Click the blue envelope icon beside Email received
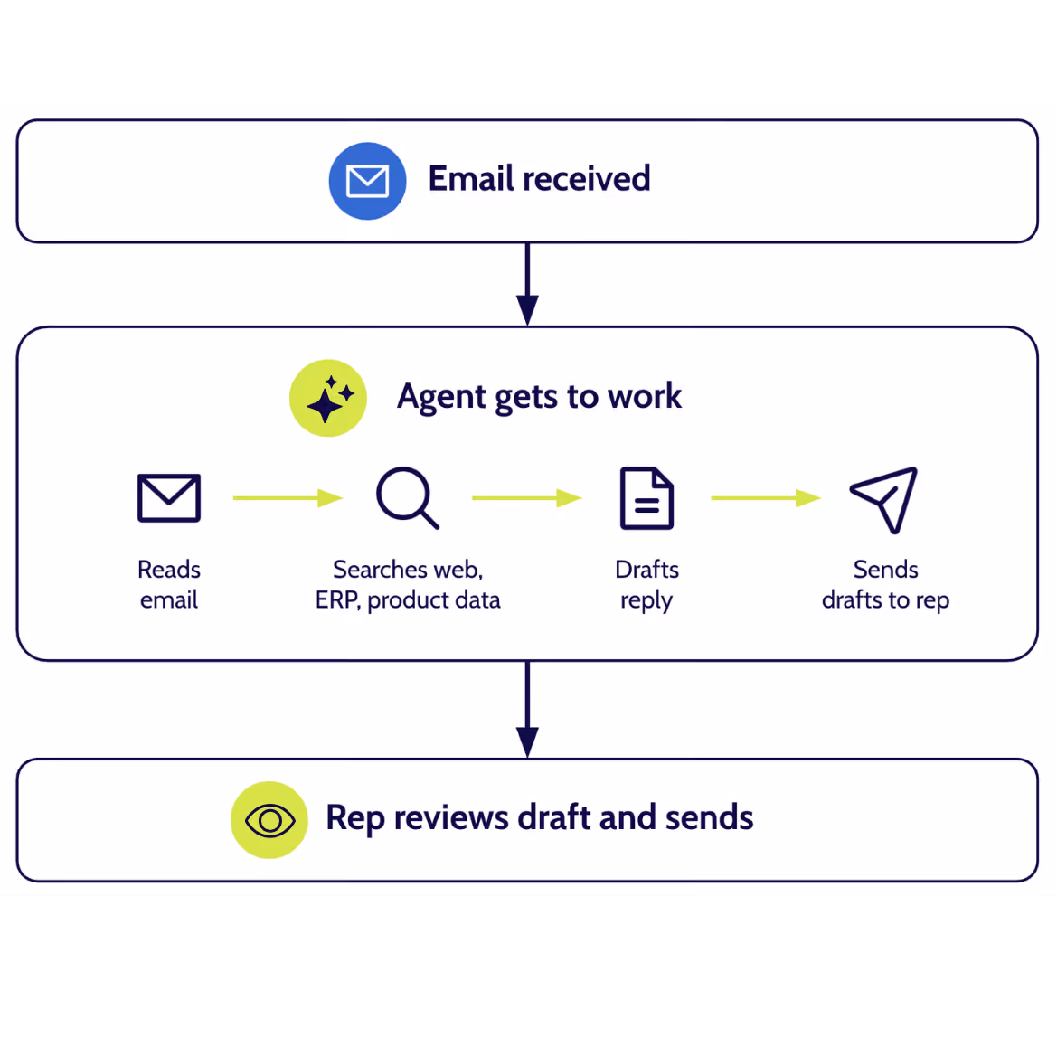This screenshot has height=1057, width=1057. [x=367, y=181]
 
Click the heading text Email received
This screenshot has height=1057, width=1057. [x=539, y=179]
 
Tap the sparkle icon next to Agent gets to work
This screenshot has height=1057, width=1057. [x=328, y=398]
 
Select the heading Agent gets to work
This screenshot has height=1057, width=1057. [x=539, y=397]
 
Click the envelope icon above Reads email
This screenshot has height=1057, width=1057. [x=169, y=497]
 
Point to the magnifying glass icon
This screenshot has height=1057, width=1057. [x=407, y=497]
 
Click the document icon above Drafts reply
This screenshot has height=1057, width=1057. [x=646, y=497]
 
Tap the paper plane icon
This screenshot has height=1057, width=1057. [x=884, y=498]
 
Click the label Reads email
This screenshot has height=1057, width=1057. [x=169, y=584]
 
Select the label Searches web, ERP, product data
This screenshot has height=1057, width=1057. [x=408, y=584]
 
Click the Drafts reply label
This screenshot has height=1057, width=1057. [x=646, y=584]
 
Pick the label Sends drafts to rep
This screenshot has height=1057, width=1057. [x=885, y=584]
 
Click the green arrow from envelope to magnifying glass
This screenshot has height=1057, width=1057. [x=288, y=497]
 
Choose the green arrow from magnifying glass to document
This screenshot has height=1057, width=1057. [x=526, y=497]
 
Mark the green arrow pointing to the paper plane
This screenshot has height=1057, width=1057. [x=765, y=497]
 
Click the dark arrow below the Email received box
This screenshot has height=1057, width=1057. [x=527, y=284]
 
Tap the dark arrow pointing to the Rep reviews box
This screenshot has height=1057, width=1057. [x=527, y=709]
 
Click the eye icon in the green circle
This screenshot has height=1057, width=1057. [x=269, y=820]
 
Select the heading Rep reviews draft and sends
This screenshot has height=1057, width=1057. [x=539, y=817]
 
